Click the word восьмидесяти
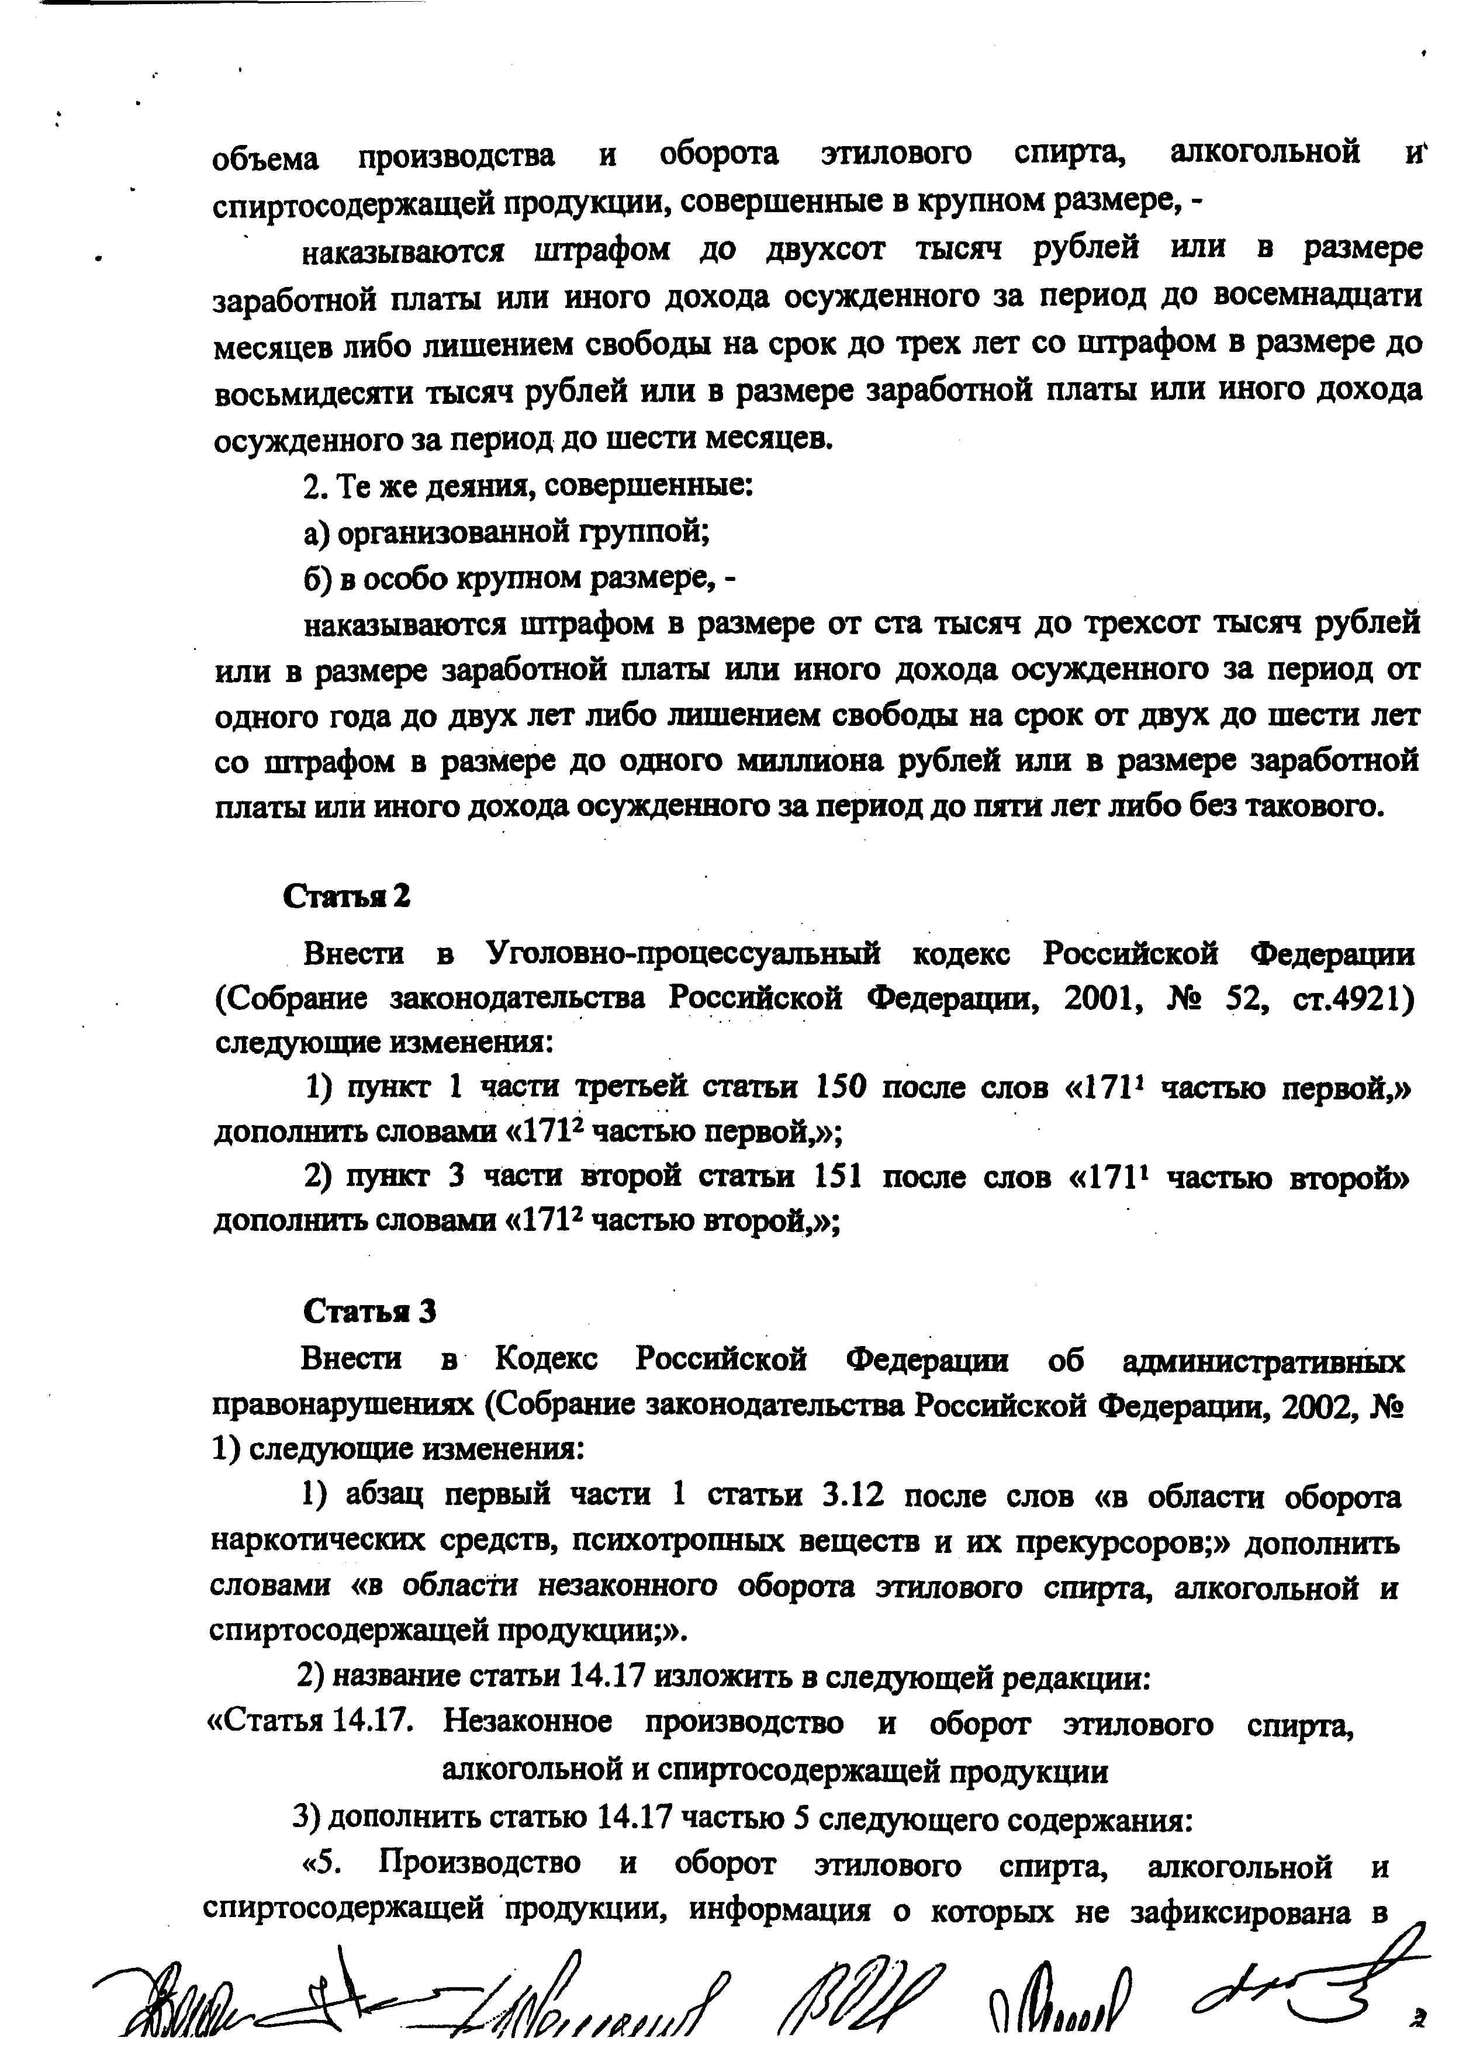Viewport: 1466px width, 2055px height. (x=313, y=392)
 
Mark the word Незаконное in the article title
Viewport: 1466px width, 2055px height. (x=528, y=1723)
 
